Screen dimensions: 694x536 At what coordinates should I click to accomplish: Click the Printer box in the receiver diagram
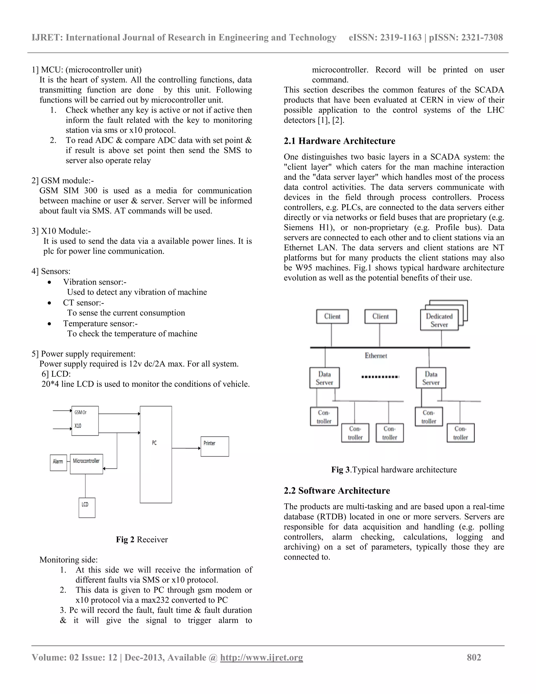pyautogui.click(x=215, y=447)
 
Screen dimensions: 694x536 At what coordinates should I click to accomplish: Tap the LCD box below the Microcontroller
pyautogui.click(x=87, y=508)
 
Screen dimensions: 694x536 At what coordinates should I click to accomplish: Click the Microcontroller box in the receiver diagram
pyautogui.click(x=86, y=464)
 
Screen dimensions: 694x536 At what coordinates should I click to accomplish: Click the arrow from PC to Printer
pyautogui.click(x=186, y=448)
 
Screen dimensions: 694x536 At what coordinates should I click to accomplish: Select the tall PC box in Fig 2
pyautogui.click(x=156, y=454)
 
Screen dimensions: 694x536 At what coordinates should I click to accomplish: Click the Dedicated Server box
pyautogui.click(x=439, y=320)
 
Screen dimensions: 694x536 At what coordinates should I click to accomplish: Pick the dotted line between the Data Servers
pyautogui.click(x=380, y=377)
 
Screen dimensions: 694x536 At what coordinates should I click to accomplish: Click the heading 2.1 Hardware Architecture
pyautogui.click(x=339, y=141)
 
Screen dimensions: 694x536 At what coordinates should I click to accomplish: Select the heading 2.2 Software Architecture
pyautogui.click(x=337, y=491)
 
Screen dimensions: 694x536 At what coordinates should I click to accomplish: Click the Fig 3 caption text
pyautogui.click(x=394, y=470)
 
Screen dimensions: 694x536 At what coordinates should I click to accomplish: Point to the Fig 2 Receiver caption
pyautogui.click(x=142, y=539)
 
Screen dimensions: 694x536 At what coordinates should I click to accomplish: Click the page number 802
pyautogui.click(x=474, y=657)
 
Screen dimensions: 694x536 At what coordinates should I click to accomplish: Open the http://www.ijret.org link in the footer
pyautogui.click(x=261, y=657)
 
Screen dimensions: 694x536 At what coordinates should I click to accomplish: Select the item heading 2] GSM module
pyautogui.click(x=63, y=181)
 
